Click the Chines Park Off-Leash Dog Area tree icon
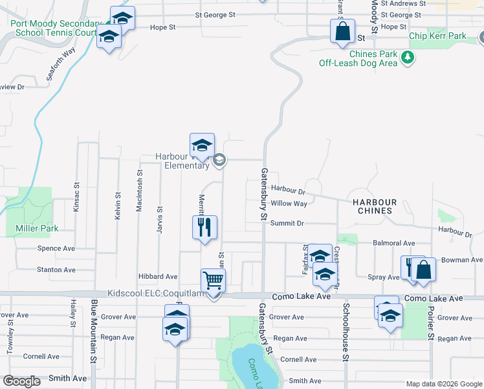[x=408, y=58]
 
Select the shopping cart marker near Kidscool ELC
[x=212, y=281]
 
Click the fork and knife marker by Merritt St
[x=204, y=227]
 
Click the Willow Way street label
[x=289, y=204]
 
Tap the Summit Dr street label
[x=287, y=223]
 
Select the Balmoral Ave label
[x=394, y=243]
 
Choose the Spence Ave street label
[x=56, y=248]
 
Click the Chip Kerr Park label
[x=437, y=37]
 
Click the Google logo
[x=21, y=381]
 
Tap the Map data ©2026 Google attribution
[x=443, y=384]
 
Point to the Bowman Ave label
[x=462, y=260]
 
